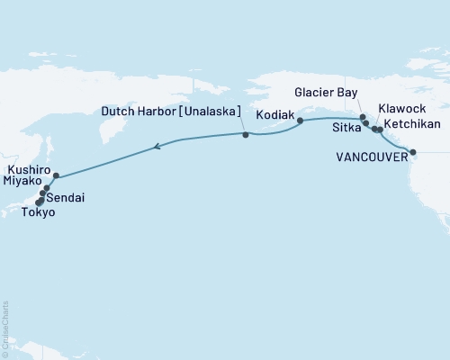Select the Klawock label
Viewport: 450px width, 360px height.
403,106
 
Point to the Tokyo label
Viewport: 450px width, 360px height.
40,212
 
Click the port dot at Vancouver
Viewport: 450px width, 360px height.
413,152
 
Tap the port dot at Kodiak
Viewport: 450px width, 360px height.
300,120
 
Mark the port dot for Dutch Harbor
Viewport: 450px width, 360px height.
245,135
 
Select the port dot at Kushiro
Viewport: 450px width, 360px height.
56,175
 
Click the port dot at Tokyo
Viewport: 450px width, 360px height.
38,202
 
